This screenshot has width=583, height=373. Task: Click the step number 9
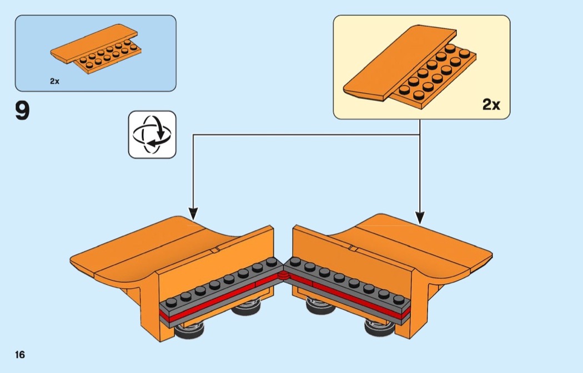click(22, 110)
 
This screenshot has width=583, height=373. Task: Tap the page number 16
click(20, 355)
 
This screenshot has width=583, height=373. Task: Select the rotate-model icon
click(152, 134)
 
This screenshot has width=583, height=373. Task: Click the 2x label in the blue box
click(54, 81)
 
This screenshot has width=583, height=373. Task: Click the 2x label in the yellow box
click(491, 104)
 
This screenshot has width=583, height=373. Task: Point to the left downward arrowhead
click(193, 213)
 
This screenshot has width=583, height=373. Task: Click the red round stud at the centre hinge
click(283, 274)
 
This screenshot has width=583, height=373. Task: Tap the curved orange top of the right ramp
click(411, 244)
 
